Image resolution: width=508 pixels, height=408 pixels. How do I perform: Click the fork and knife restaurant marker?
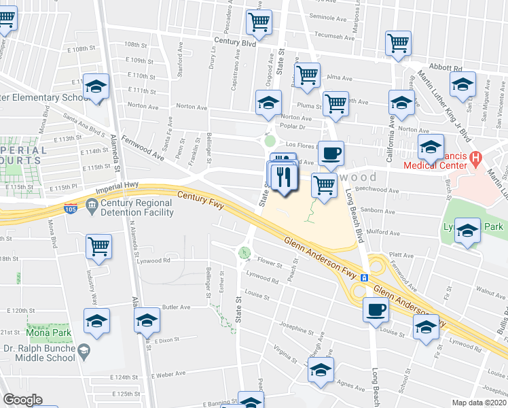coord(283,177)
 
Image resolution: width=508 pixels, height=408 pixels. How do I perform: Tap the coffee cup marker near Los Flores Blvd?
coord(331,154)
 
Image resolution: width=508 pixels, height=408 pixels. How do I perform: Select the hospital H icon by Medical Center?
coord(475,160)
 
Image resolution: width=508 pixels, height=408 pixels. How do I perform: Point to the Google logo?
coord(23,400)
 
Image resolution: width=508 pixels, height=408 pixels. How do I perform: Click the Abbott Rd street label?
coord(448,68)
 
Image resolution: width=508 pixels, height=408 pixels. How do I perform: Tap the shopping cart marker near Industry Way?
coord(98,246)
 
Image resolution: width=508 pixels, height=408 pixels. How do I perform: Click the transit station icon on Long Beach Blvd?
coord(364,277)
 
